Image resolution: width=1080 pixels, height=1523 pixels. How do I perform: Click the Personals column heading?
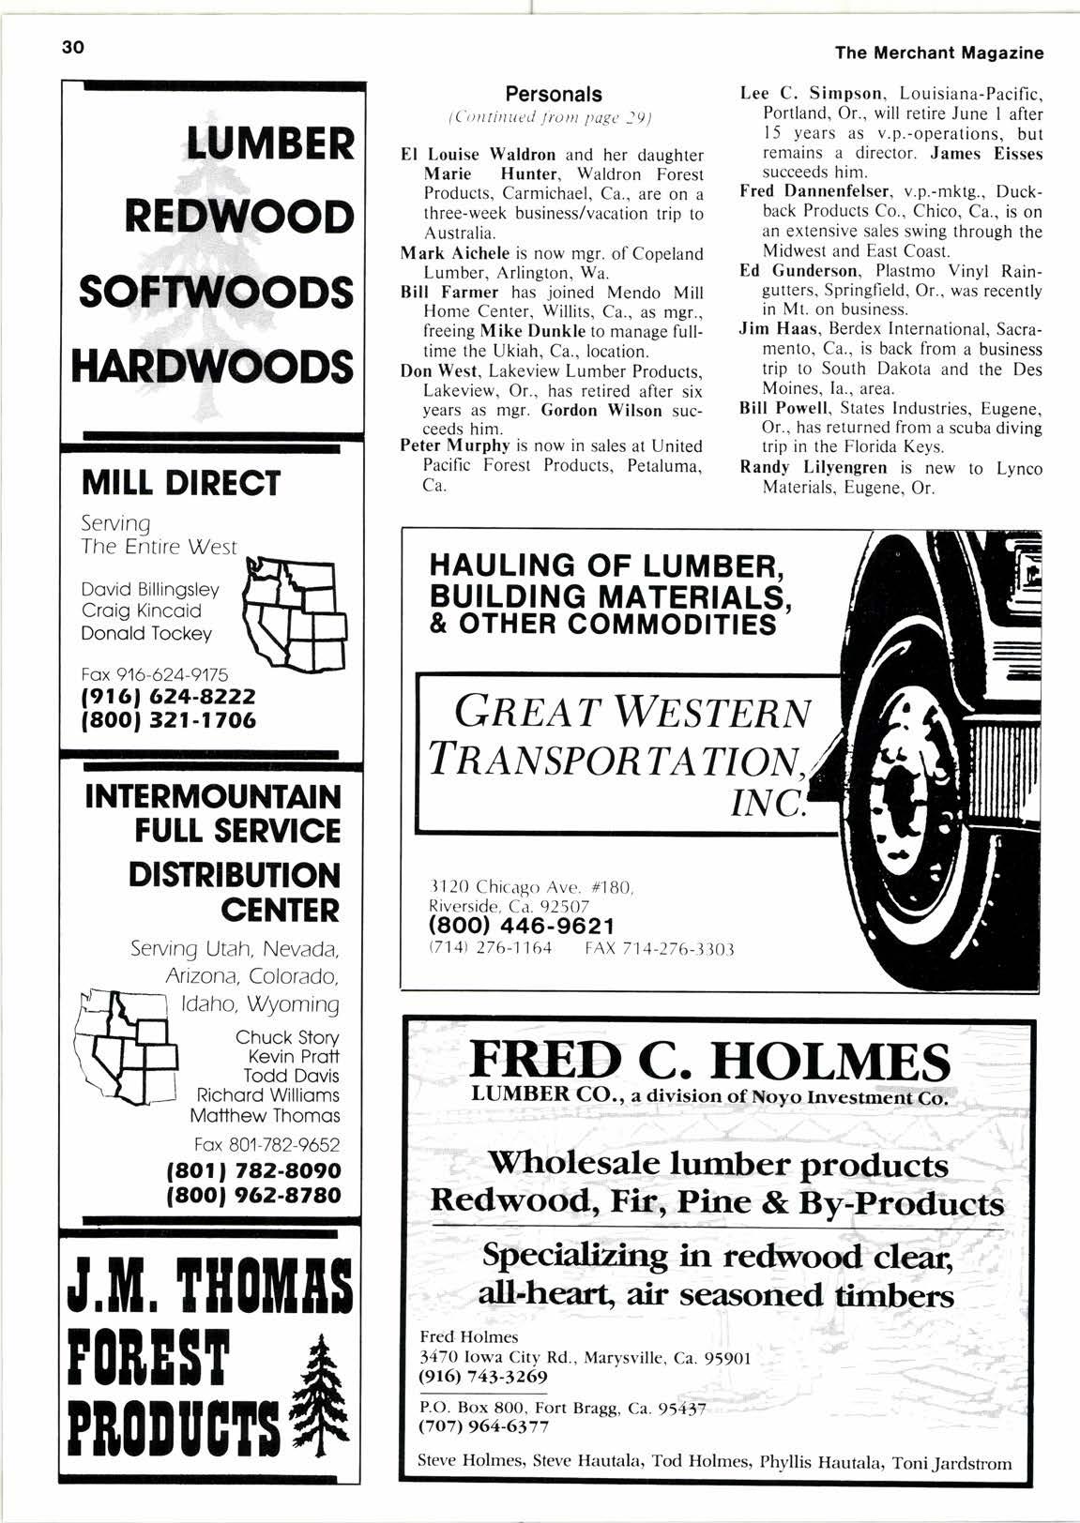[554, 94]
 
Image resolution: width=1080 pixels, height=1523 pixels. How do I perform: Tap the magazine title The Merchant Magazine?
[938, 53]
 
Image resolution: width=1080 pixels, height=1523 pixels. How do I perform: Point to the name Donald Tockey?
[147, 634]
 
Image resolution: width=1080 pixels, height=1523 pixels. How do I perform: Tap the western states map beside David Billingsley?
[294, 614]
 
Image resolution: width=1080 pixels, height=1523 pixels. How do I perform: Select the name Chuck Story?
[287, 1037]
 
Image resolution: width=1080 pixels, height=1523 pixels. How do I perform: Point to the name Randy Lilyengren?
[814, 468]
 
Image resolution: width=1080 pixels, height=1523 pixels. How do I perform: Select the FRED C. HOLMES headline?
[710, 1063]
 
